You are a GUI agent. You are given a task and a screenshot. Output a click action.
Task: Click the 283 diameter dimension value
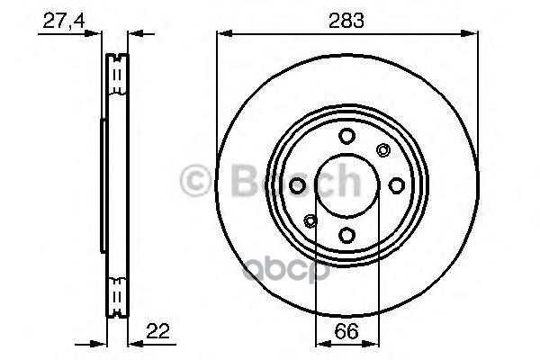pyautogui.click(x=346, y=21)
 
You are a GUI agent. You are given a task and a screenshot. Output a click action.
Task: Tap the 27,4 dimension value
pyautogui.click(x=64, y=21)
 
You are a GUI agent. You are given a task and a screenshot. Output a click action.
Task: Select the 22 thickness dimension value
pyautogui.click(x=158, y=331)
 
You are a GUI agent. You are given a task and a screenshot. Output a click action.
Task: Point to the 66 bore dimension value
pyautogui.click(x=346, y=331)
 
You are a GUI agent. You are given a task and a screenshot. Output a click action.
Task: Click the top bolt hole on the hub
pyautogui.click(x=346, y=136)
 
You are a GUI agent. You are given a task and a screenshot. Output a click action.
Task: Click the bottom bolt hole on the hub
pyautogui.click(x=346, y=235)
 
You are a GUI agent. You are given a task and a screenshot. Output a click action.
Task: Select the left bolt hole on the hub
pyautogui.click(x=297, y=185)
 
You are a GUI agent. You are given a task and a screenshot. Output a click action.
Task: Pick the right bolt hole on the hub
pyautogui.click(x=396, y=185)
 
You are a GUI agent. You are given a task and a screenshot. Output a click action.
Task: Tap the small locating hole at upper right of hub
pyautogui.click(x=383, y=150)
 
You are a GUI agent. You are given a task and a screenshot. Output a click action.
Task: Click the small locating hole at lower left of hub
pyautogui.click(x=310, y=221)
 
